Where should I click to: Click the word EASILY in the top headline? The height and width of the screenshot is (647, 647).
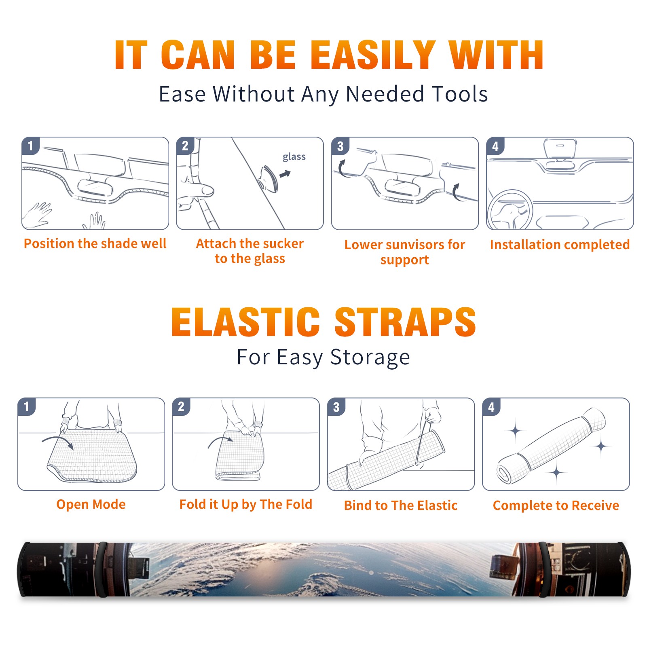373,55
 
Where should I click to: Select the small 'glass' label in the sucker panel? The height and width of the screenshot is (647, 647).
294,157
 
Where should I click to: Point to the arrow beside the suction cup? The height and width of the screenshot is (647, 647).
285,174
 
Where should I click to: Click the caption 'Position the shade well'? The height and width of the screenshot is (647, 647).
95,243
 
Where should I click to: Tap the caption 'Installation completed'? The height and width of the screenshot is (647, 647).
560,244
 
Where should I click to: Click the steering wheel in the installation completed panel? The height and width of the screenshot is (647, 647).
510,209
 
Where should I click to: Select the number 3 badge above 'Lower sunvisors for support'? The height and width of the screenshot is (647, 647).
340,146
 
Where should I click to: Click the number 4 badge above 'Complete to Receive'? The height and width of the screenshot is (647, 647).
491,407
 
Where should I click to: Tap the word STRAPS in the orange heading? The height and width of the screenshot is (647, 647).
405,322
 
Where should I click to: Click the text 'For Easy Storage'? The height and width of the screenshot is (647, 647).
323,357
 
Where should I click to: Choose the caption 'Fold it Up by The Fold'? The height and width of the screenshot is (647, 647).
246,504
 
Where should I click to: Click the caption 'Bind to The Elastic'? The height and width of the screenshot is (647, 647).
401,505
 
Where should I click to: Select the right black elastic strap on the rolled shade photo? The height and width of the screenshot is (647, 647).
544,569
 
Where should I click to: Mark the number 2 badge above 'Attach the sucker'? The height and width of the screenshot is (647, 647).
185,146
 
